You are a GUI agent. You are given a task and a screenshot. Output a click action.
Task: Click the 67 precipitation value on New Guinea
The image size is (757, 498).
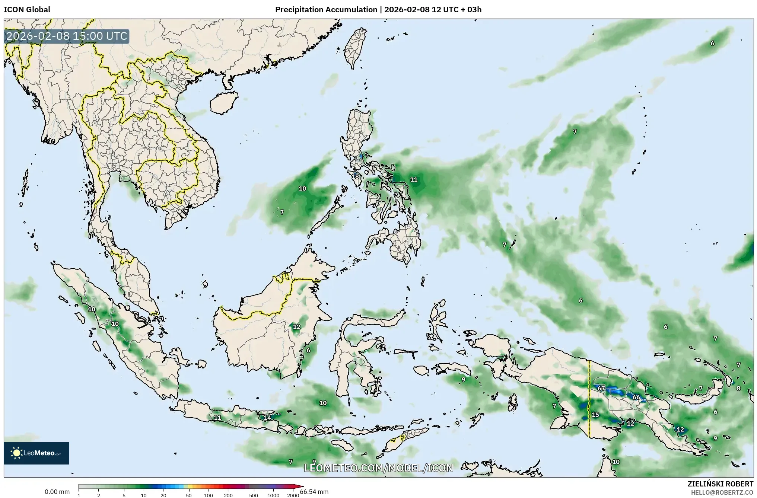(x=601, y=388)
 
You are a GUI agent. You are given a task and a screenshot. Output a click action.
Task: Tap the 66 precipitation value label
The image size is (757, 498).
(x=636, y=397)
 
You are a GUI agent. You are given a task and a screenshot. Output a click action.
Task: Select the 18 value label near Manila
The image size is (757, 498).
(x=355, y=176)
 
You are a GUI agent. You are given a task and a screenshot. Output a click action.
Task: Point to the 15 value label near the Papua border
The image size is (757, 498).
(x=595, y=415)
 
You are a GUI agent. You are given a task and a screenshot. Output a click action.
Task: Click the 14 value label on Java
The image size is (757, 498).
(x=267, y=418)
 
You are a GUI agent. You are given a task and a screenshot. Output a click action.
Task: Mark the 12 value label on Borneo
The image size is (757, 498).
(x=296, y=327)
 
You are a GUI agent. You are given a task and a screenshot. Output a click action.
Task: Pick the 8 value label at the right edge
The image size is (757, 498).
(x=738, y=388)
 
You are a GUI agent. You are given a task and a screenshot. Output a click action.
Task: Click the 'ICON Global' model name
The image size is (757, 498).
(x=27, y=10)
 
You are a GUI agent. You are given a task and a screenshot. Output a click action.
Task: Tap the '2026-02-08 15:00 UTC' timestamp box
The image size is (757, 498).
(x=67, y=36)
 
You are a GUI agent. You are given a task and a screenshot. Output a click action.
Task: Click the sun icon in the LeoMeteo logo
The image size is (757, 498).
(x=16, y=453)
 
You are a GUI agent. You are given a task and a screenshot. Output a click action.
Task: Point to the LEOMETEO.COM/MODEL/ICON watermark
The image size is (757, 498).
(x=378, y=468)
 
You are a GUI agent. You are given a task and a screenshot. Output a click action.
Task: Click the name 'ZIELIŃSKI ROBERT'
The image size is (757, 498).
(x=721, y=484)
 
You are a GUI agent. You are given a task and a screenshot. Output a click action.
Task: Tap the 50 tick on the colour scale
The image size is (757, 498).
(x=189, y=495)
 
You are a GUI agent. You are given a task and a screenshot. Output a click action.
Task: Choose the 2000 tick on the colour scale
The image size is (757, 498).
(x=293, y=495)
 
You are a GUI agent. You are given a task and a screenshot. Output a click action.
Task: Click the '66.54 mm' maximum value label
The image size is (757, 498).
(x=314, y=492)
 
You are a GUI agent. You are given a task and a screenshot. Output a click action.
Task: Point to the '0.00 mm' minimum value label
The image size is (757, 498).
(x=57, y=492)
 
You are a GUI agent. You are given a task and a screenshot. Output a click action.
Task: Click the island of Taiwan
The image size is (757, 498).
(x=354, y=48)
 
